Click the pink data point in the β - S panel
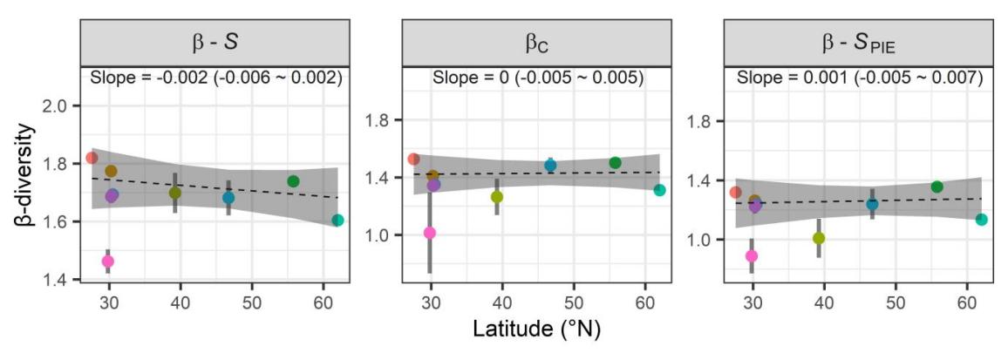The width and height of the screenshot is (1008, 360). tap(108, 261)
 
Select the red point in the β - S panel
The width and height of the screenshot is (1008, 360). tap(92, 158)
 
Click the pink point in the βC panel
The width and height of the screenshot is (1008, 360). tap(429, 233)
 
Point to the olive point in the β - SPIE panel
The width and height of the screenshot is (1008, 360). tap(819, 238)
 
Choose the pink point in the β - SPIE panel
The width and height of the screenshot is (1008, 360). tap(752, 256)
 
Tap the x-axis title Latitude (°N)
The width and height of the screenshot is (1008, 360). tap(537, 330)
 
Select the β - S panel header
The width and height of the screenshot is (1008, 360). tap(216, 40)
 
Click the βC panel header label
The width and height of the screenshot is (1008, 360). tap(537, 41)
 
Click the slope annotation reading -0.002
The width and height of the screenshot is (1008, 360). tap(216, 78)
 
